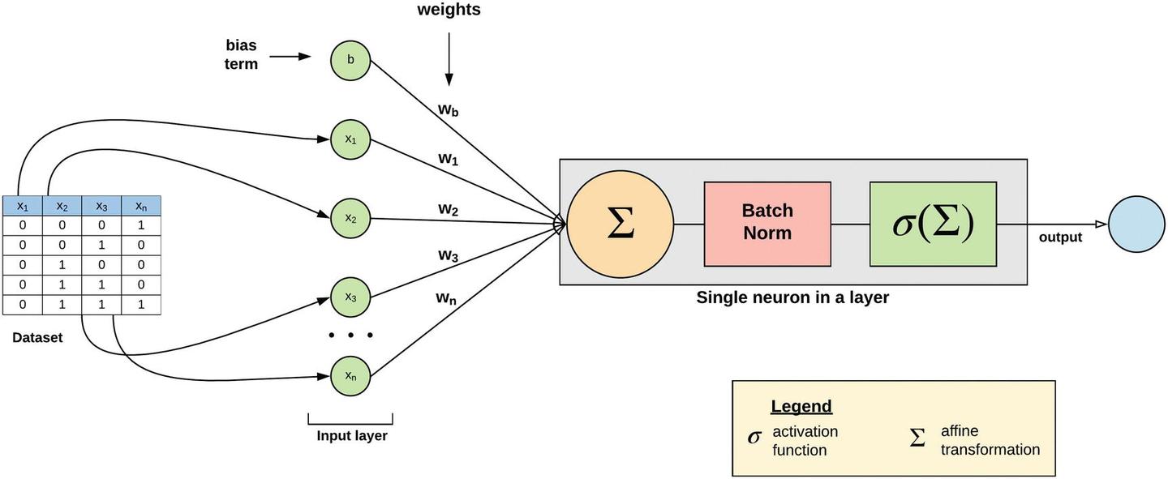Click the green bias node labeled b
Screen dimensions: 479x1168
pyautogui.click(x=350, y=59)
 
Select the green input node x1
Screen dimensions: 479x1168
pyautogui.click(x=350, y=139)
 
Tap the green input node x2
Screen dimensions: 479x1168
pyautogui.click(x=350, y=218)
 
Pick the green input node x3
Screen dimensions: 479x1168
pyautogui.click(x=350, y=297)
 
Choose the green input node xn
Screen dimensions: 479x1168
pyautogui.click(x=350, y=375)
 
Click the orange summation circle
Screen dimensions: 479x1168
pyautogui.click(x=620, y=224)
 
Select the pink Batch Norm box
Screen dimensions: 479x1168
pyautogui.click(x=767, y=224)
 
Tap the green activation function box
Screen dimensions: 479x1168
pyautogui.click(x=933, y=224)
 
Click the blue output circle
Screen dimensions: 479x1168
pyautogui.click(x=1136, y=224)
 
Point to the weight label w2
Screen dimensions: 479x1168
pyautogui.click(x=449, y=210)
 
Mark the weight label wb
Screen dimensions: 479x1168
pyautogui.click(x=449, y=110)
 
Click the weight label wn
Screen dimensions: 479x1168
pyautogui.click(x=445, y=298)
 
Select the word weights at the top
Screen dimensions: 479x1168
pyautogui.click(x=449, y=11)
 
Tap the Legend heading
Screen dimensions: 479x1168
pyautogui.click(x=801, y=407)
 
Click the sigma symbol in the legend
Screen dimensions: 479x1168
pyautogui.click(x=754, y=438)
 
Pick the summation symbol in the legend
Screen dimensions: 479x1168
pyautogui.click(x=917, y=438)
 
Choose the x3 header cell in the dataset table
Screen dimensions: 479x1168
pyautogui.click(x=101, y=206)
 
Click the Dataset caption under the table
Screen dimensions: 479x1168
pyautogui.click(x=37, y=338)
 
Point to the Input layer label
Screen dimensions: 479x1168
pyautogui.click(x=351, y=436)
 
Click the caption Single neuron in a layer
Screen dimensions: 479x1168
pyautogui.click(x=792, y=297)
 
